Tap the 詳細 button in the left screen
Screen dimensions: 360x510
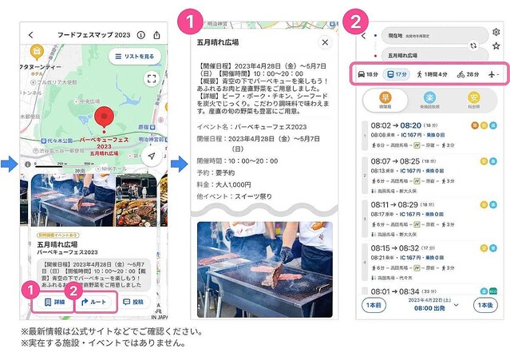(53, 303)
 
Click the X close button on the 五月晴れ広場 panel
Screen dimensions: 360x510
(325, 42)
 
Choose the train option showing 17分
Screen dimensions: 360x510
(397, 74)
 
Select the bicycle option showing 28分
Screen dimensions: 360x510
(469, 74)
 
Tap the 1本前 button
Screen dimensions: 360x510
(374, 306)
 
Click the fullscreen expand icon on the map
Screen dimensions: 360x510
(152, 78)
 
